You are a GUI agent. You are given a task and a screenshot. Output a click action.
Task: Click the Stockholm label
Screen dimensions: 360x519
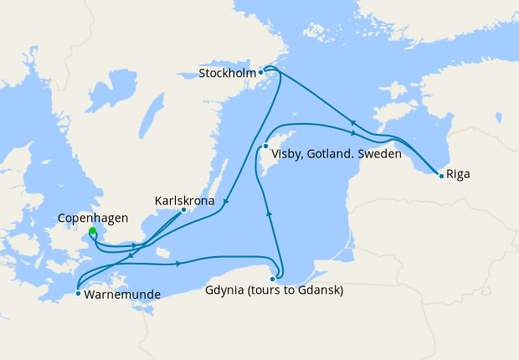coord(228,74)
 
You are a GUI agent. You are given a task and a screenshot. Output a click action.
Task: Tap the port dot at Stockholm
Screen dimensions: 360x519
coord(261,72)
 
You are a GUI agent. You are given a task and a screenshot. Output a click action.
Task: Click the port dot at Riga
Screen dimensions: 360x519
coord(440,175)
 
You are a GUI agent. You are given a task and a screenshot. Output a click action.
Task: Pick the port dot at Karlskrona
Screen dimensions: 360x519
coord(183,209)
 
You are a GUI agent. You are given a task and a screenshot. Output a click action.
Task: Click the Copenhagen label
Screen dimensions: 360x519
coord(93,219)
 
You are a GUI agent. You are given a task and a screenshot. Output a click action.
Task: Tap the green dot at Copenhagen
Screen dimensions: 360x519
coord(92,231)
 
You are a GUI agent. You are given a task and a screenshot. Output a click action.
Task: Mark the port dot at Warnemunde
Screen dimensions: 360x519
coord(78,293)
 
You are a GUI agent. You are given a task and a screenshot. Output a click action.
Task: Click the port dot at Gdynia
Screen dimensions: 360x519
coord(272,279)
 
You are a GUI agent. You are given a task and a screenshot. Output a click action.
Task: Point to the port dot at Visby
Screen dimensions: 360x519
coord(265,147)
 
